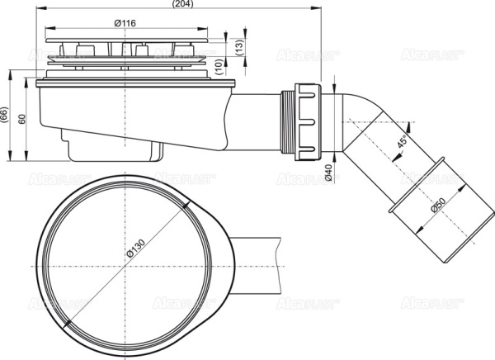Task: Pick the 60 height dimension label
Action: [x=22, y=117]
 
